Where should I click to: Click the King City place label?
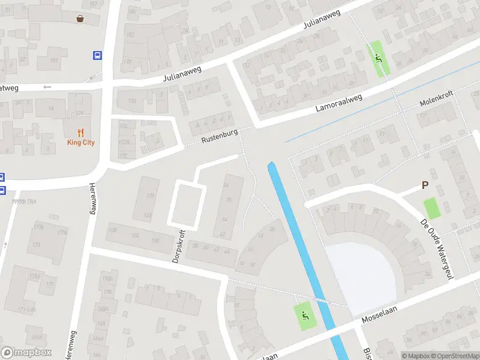(x=80, y=143)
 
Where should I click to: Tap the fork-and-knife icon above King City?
(x=80, y=133)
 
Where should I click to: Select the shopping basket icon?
(x=80, y=18)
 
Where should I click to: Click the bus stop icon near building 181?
(x=97, y=55)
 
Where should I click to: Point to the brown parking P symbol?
(x=425, y=186)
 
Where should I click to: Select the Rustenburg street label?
(x=220, y=136)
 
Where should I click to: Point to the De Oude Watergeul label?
(x=436, y=248)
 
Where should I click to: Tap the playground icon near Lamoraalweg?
(x=378, y=58)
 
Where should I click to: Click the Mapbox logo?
(x=26, y=353)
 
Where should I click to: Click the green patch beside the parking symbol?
(x=431, y=208)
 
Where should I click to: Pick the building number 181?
(x=54, y=61)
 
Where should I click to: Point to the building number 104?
(x=136, y=237)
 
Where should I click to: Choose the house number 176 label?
(x=108, y=292)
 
